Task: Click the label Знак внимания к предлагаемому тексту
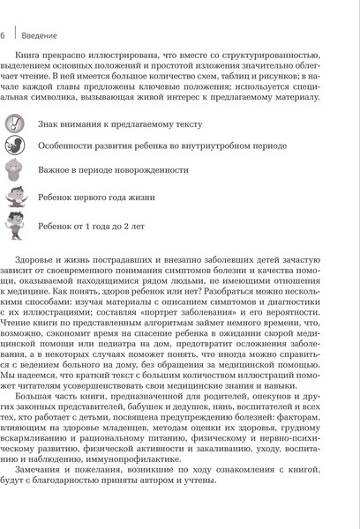point(121,124)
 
